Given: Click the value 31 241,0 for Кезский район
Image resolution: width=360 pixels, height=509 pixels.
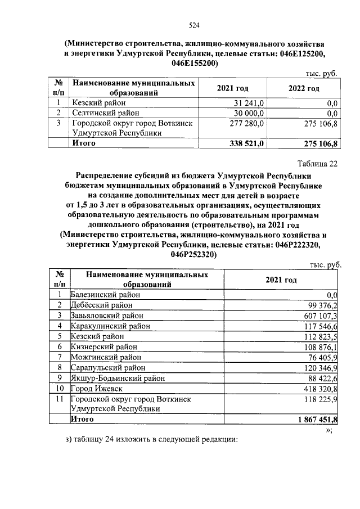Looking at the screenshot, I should coord(250,102).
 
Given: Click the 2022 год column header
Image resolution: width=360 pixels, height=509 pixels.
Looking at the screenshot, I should coord(304,88).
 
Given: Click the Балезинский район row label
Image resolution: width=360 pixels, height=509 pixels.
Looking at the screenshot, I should coord(105,294).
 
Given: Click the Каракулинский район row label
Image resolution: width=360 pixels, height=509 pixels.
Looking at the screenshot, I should coord(110,326).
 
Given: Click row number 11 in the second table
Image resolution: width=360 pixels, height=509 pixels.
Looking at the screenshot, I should coord(59,399).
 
